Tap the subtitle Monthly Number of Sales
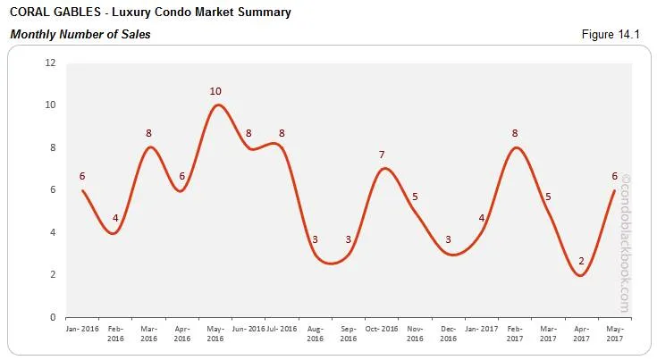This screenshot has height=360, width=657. click(x=80, y=35)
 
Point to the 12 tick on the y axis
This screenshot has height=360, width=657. click(x=50, y=63)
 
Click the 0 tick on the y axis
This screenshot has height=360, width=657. click(x=53, y=317)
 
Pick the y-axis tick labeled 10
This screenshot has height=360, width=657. click(x=50, y=105)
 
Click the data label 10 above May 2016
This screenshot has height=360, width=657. click(x=215, y=91)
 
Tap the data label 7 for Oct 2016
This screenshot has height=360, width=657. click(x=382, y=155)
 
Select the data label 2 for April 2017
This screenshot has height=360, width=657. click(x=581, y=261)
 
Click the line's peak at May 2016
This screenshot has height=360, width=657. click(x=216, y=105)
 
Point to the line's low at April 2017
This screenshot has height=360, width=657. click(x=581, y=275)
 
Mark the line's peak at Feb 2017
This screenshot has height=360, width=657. click(x=515, y=147)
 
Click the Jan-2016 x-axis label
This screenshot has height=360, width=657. click(x=82, y=329)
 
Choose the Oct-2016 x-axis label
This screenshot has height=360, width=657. click(x=382, y=329)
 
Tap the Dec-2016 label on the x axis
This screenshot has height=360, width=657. click(x=448, y=333)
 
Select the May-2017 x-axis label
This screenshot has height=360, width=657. click(x=614, y=333)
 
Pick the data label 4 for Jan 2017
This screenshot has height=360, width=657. click(x=482, y=218)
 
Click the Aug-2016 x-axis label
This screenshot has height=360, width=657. click(x=315, y=333)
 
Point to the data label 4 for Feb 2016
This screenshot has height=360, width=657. click(x=115, y=218)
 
